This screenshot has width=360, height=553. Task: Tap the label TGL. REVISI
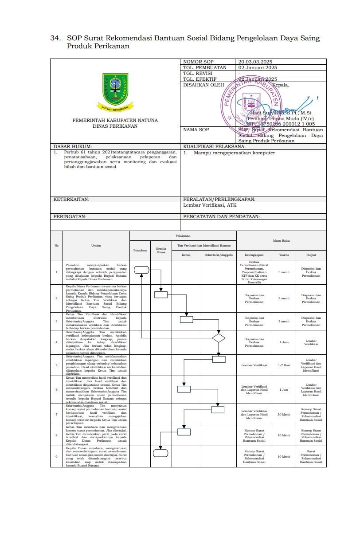click(197, 73)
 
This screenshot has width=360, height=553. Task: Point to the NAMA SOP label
click(196, 130)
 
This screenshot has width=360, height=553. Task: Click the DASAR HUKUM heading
click(72, 146)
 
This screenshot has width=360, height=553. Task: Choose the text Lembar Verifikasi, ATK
click(210, 205)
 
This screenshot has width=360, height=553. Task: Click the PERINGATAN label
click(70, 216)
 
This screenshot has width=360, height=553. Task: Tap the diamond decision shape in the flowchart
click(218, 338)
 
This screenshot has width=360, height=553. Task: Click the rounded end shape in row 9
click(160, 453)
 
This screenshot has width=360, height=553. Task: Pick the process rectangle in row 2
click(160, 294)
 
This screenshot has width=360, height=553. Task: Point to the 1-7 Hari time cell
click(284, 365)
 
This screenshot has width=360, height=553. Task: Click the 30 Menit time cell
click(284, 414)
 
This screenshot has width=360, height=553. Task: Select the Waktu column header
click(284, 255)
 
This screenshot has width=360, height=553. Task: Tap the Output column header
click(311, 255)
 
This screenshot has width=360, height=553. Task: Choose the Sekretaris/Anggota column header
click(218, 255)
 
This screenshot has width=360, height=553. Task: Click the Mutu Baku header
click(282, 240)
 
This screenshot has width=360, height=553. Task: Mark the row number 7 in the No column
click(56, 414)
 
